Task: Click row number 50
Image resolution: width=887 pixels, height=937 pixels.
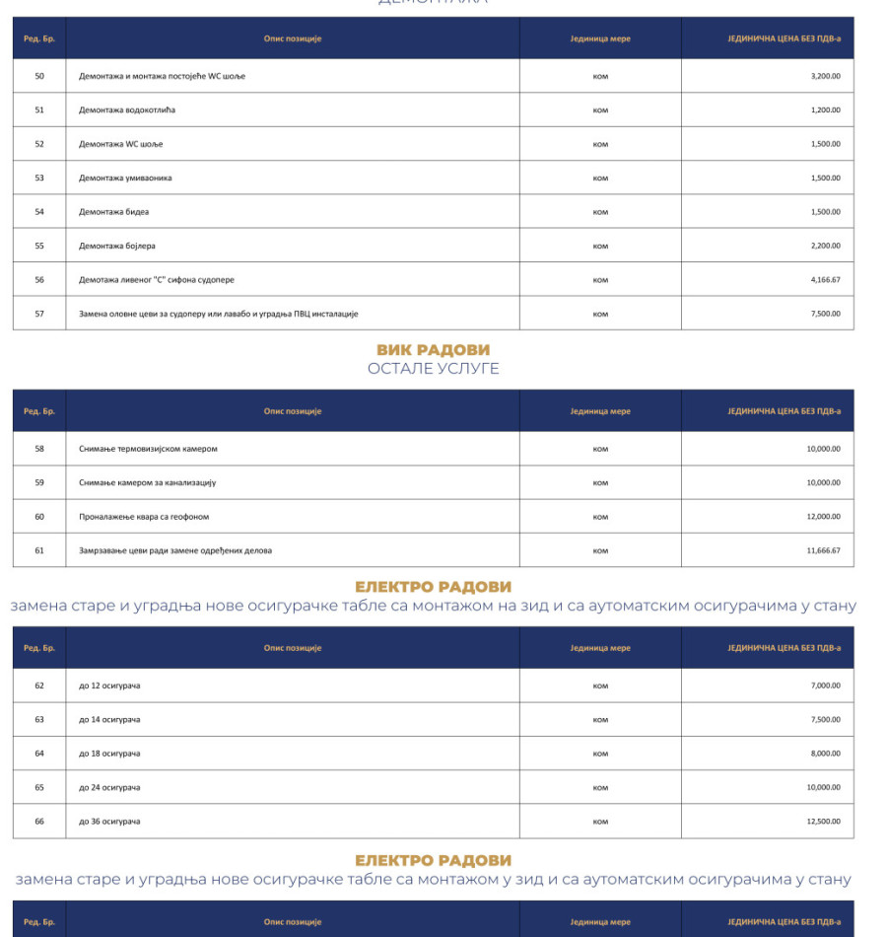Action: click(x=39, y=76)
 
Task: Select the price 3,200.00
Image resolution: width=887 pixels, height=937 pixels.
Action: click(x=825, y=76)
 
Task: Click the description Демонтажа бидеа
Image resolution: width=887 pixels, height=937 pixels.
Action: click(x=114, y=212)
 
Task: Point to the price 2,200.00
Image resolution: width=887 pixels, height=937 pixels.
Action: click(x=825, y=246)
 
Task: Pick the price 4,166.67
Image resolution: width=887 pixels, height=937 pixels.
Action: click(x=825, y=279)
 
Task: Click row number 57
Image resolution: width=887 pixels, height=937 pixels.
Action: click(x=39, y=314)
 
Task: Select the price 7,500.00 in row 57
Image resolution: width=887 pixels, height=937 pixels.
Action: click(x=825, y=314)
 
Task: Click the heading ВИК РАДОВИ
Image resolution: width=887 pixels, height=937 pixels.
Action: click(x=433, y=350)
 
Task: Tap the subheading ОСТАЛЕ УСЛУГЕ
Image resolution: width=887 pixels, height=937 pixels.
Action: click(x=433, y=369)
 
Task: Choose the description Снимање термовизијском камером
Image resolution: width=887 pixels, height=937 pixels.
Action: click(x=148, y=449)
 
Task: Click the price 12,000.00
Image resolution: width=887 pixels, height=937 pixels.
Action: click(x=823, y=517)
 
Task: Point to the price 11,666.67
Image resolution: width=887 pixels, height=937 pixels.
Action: click(x=823, y=550)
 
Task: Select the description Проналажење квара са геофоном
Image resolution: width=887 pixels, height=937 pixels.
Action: click(x=144, y=517)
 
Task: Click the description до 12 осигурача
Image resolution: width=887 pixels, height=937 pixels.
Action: click(x=109, y=685)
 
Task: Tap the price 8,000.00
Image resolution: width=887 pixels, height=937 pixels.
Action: click(x=825, y=754)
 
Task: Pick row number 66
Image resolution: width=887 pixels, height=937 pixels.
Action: click(x=39, y=822)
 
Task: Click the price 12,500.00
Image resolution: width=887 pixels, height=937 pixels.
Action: click(x=823, y=822)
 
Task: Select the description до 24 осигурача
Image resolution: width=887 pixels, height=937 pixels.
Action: click(x=109, y=788)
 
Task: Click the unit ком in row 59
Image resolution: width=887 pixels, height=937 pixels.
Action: click(x=600, y=483)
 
